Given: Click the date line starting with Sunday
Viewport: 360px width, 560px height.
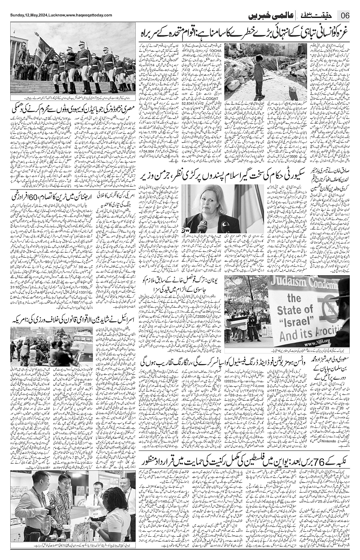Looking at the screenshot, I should [x=61, y=15].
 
